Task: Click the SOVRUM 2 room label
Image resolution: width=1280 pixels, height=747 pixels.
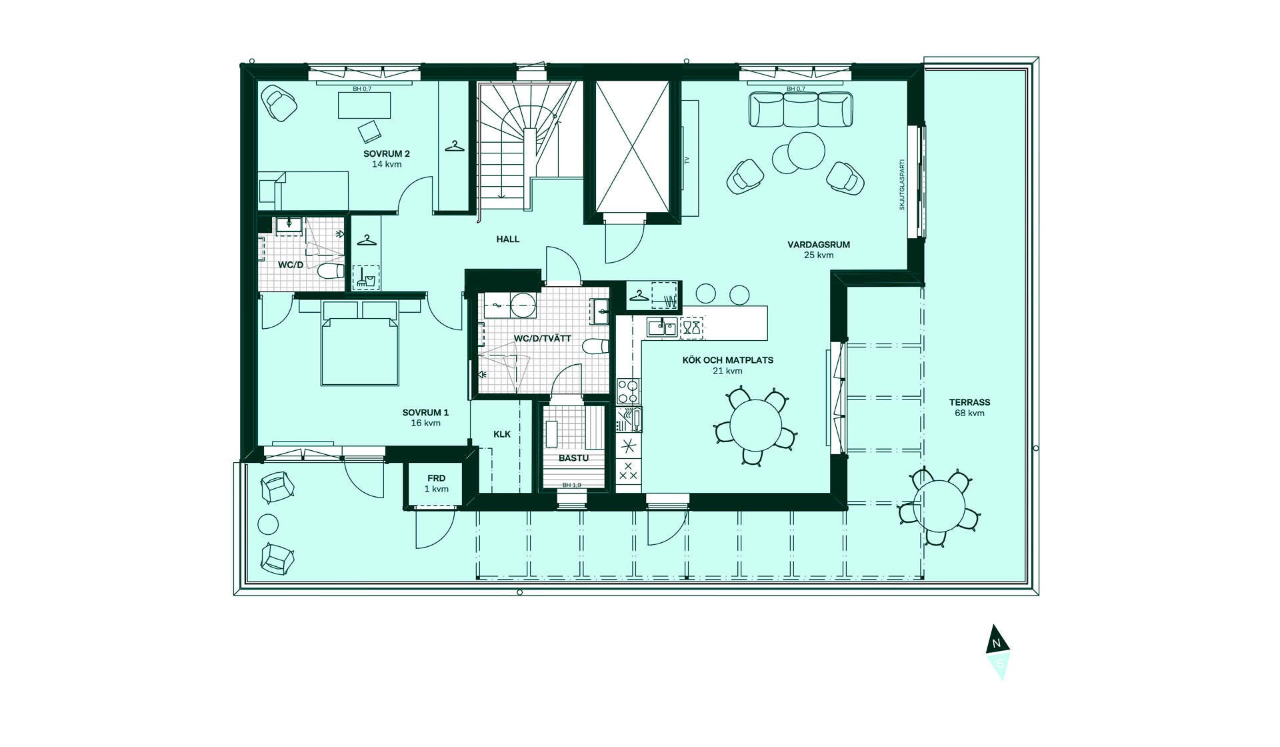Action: [387, 153]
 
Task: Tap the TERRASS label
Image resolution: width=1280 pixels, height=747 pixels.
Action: [969, 402]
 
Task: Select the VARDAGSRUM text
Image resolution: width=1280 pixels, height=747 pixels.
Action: [819, 245]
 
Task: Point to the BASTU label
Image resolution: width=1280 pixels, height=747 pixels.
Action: [574, 458]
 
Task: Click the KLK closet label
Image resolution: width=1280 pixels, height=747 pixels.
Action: [502, 434]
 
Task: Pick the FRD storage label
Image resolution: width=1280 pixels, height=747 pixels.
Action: [437, 478]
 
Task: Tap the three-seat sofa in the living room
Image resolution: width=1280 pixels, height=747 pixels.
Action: [801, 109]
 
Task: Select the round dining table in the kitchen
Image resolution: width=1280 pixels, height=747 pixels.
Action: [756, 426]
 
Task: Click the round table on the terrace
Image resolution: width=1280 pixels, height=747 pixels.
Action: [940, 506]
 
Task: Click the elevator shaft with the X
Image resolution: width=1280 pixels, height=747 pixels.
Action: [632, 145]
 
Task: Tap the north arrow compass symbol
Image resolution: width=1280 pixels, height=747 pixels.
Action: [998, 652]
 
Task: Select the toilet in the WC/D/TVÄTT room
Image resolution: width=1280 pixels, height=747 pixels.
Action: [595, 347]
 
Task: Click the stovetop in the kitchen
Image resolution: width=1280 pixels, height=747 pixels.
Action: [628, 391]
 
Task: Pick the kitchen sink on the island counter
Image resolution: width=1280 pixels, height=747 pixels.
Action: [661, 327]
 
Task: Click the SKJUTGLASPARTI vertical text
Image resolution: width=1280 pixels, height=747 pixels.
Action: [902, 185]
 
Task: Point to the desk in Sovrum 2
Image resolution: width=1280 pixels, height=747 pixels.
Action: [364, 105]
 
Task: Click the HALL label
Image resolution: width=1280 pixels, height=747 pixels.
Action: [508, 239]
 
